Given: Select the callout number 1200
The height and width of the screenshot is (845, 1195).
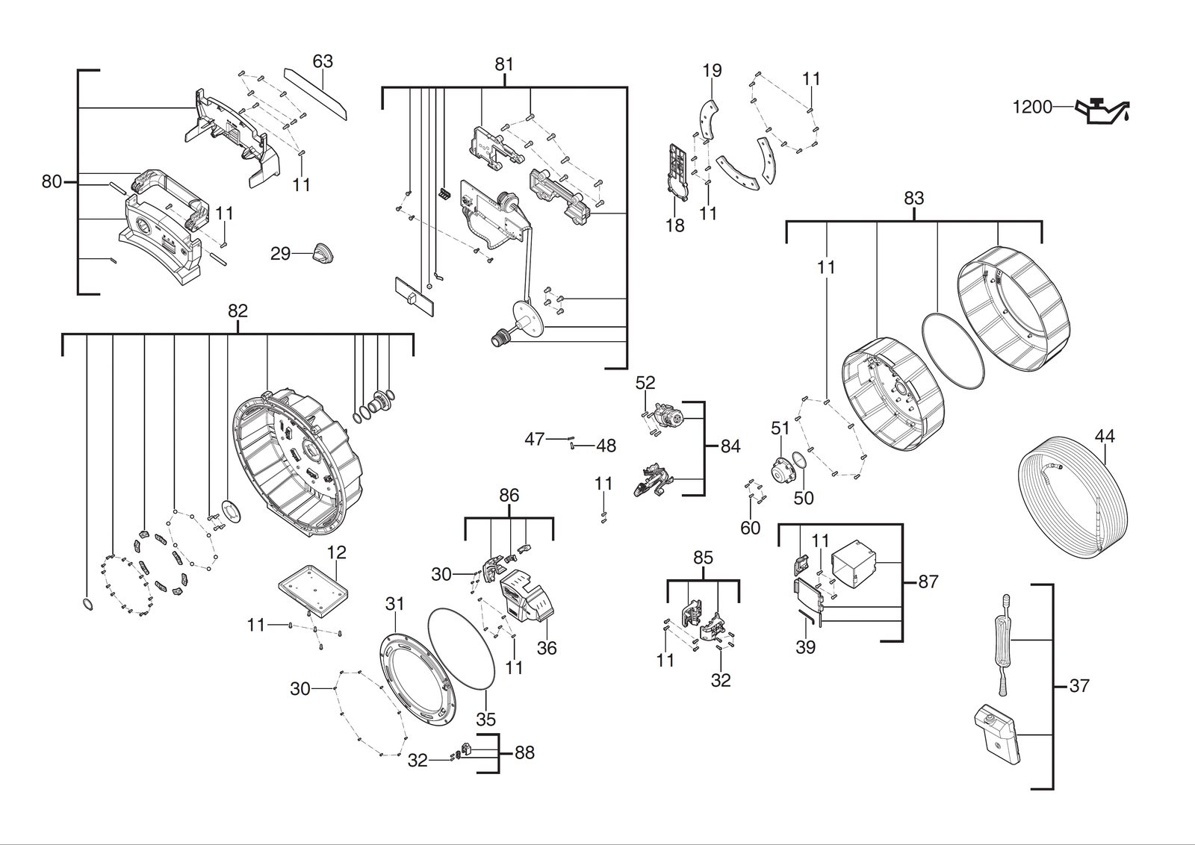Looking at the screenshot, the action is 1032,107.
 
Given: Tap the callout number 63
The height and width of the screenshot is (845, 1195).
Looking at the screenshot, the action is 323,62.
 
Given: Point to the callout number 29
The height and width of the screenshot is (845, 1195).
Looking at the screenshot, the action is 281,254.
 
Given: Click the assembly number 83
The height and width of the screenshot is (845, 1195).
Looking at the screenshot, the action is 914,199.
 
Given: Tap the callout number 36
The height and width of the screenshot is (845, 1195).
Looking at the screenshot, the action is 547,648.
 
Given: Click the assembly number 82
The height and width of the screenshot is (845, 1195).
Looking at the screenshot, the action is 238,311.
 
